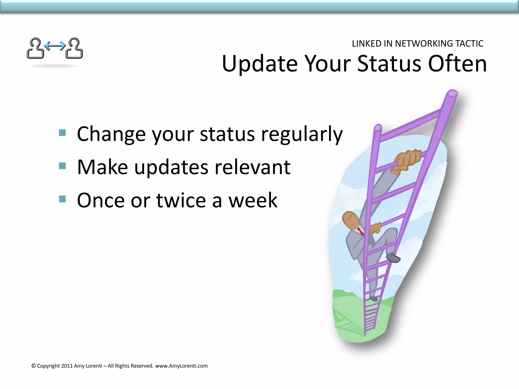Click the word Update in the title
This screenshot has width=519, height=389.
[x=259, y=64]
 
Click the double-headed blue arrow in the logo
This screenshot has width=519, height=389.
[x=55, y=46]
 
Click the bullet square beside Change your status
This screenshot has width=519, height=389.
[x=62, y=133]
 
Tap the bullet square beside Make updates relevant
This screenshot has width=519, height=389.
[x=62, y=166]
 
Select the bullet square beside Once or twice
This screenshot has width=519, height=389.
[x=62, y=199]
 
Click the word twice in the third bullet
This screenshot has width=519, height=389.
[x=181, y=200]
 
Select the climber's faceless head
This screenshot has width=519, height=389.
[x=351, y=220]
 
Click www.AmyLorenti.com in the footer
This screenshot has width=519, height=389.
[x=181, y=366]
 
